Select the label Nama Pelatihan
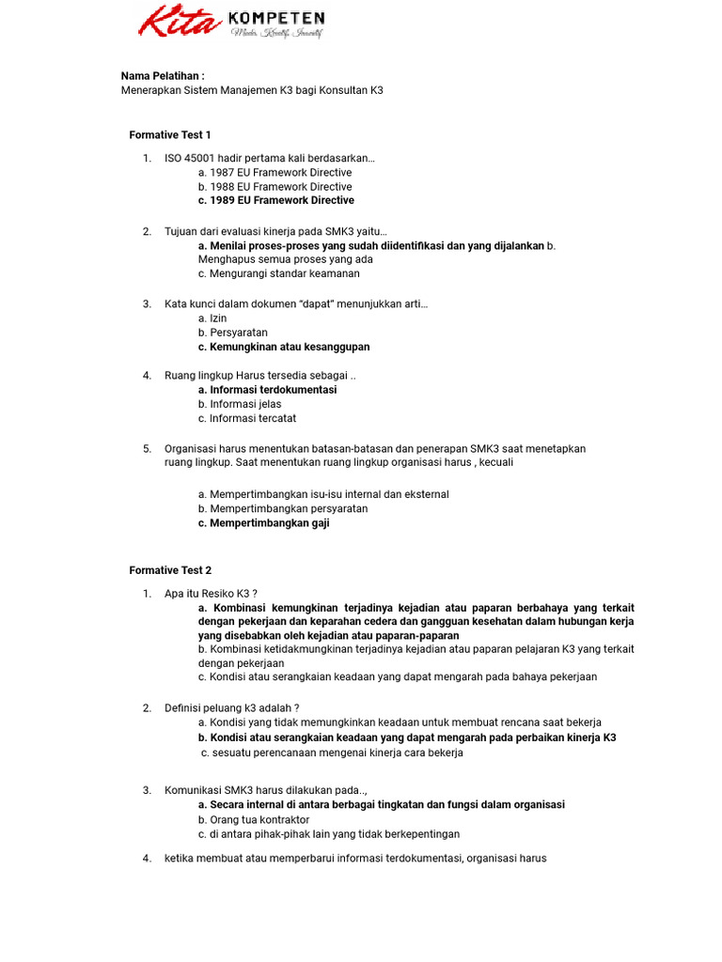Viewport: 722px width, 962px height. coord(163,76)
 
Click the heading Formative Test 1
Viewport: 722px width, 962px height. coord(170,135)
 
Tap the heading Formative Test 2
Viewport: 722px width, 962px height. coord(170,570)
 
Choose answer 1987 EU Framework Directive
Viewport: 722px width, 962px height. coord(275,173)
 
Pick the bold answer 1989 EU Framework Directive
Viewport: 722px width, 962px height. coord(275,200)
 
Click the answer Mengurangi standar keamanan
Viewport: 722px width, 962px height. coord(278,274)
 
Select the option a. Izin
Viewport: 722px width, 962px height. coord(212,318)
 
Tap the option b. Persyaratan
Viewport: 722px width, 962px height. coord(233,333)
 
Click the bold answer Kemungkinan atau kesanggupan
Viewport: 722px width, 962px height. coord(284,347)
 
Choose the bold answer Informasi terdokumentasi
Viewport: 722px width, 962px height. coord(267,390)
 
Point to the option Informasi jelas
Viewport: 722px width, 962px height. coord(240,404)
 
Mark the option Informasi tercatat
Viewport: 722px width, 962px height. coord(247,419)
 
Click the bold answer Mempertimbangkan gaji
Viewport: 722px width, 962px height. coord(263,523)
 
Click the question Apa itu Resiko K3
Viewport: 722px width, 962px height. coord(211,594)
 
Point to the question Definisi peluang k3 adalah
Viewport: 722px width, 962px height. coord(232,708)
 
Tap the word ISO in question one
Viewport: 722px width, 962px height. coord(174,158)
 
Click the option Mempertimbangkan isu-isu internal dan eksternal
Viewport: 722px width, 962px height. coord(323,494)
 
